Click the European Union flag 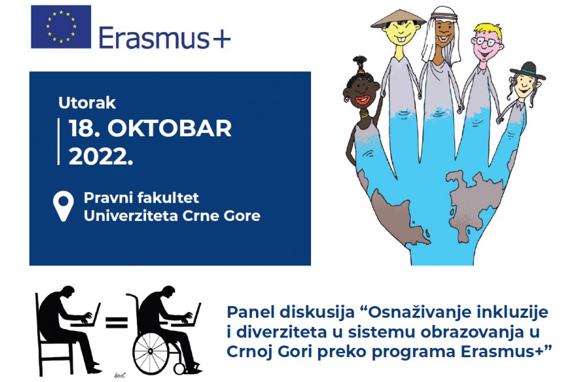tap(61, 27)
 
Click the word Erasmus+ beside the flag tap(165, 37)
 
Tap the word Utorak tap(87, 103)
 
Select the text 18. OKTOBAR tap(150, 128)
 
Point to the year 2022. tap(101, 157)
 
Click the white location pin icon tap(64, 206)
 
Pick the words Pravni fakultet tap(141, 198)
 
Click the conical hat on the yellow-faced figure tap(398, 19)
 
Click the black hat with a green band tap(527, 71)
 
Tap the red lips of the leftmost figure tap(363, 100)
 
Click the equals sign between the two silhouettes tap(117, 322)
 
